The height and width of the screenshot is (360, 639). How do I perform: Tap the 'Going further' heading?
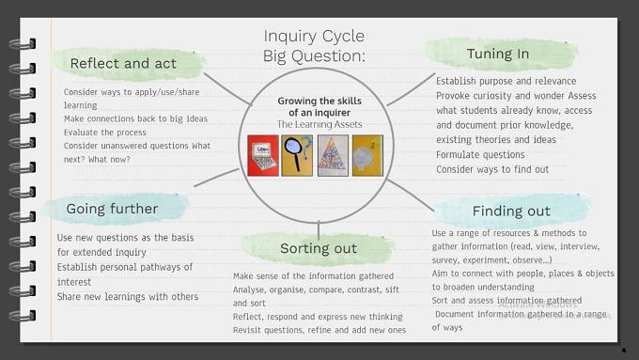click(x=112, y=209)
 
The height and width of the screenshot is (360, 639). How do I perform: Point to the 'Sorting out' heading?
click(x=318, y=248)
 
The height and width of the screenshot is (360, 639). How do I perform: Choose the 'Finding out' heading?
click(x=510, y=211)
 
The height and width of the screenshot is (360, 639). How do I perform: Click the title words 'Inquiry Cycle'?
click(x=314, y=37)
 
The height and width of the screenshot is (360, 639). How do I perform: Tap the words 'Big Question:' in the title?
click(x=314, y=56)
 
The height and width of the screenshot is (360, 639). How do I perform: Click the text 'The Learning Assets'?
click(x=319, y=124)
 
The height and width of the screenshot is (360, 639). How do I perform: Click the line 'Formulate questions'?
click(x=479, y=154)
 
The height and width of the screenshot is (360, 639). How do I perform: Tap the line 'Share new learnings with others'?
click(x=128, y=296)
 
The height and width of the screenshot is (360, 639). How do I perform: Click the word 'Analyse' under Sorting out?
click(x=250, y=290)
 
